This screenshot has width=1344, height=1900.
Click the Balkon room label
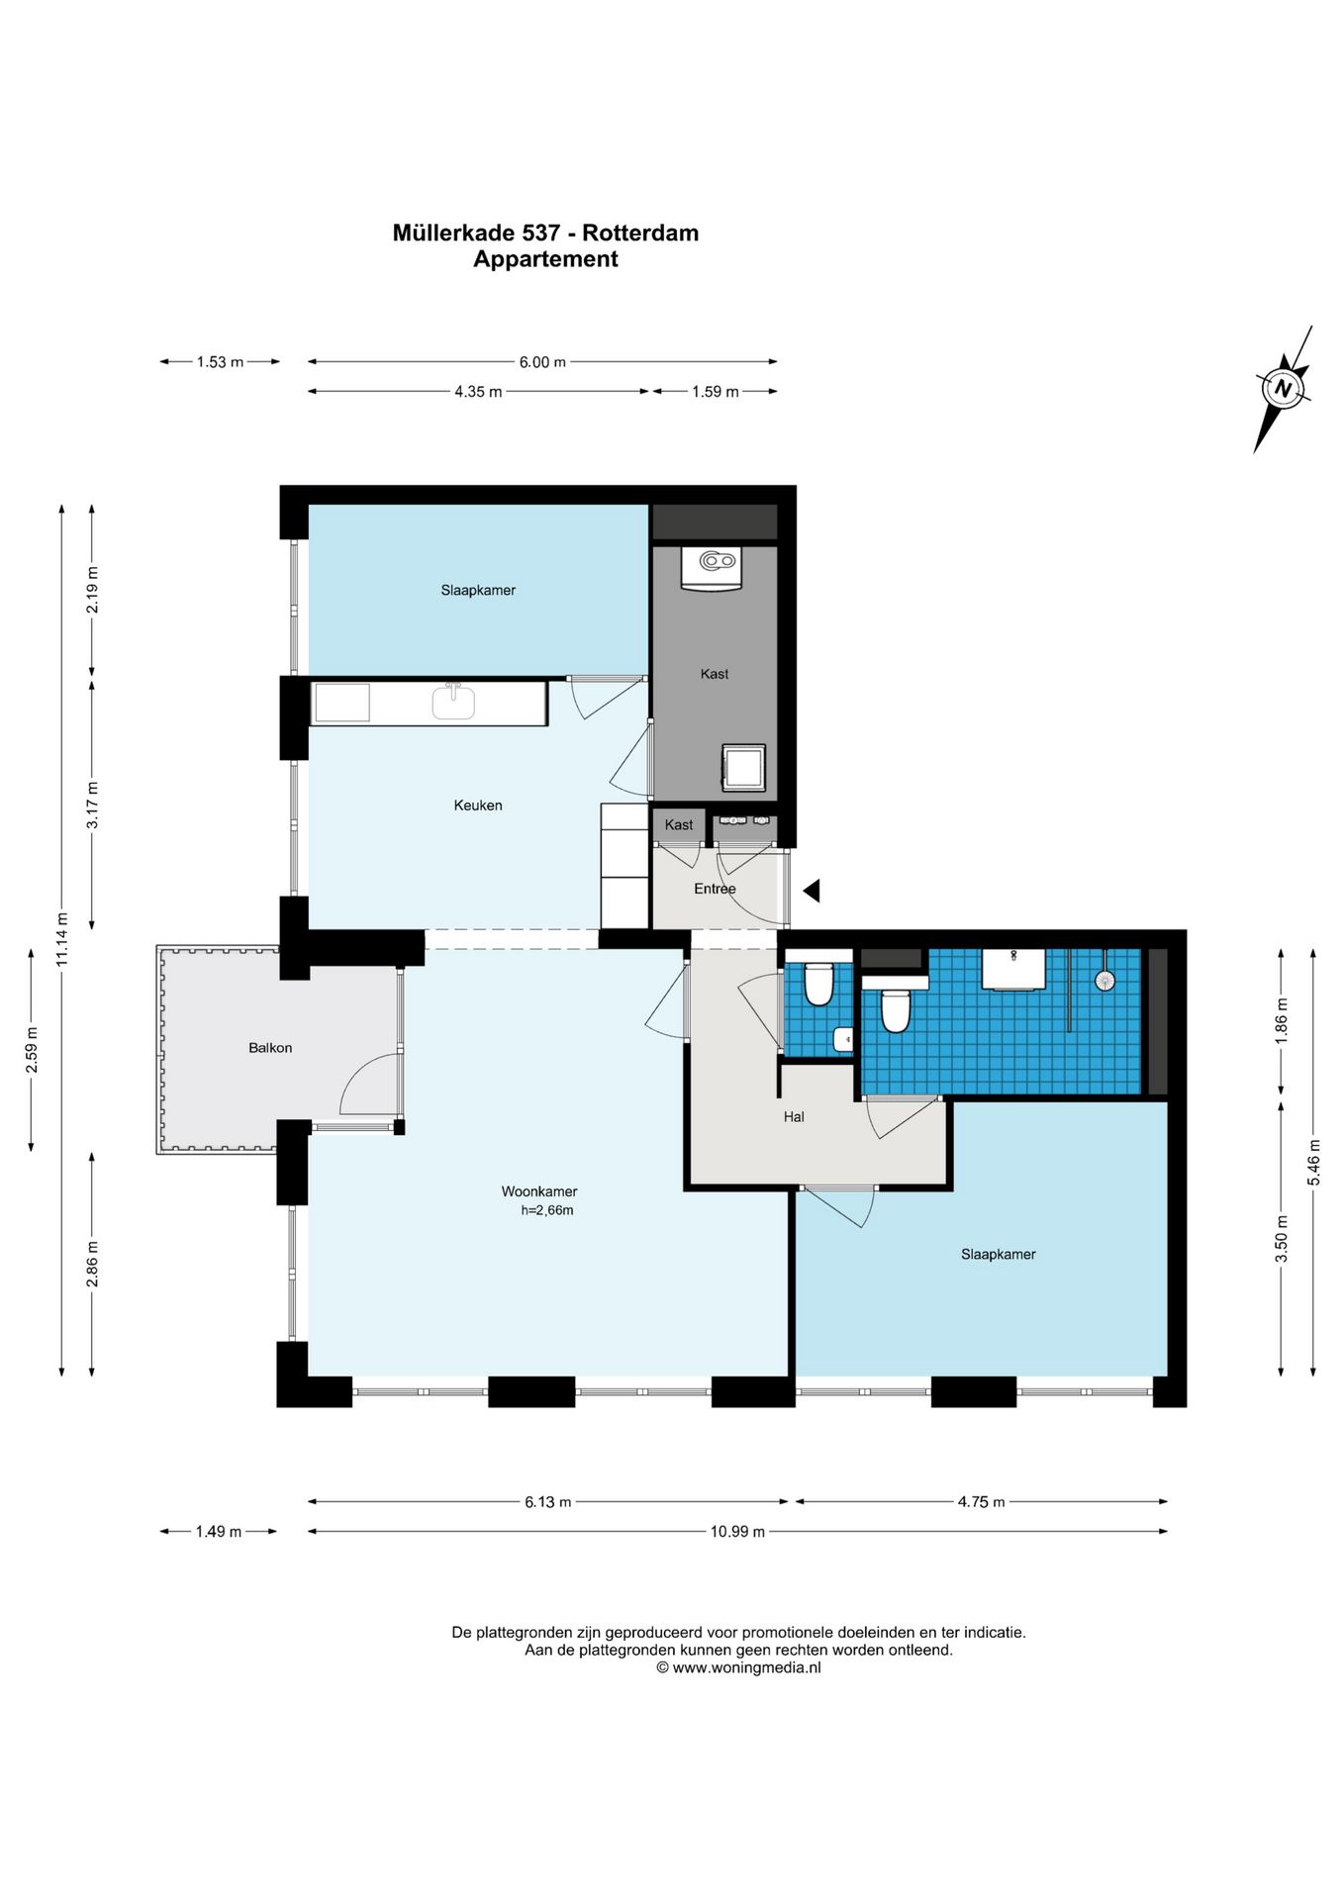pos(270,1047)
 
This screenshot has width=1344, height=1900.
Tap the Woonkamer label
pos(539,1191)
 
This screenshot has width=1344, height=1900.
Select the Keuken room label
pos(478,806)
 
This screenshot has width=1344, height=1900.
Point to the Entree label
pos(715,889)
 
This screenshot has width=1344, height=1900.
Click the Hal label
pos(794,1116)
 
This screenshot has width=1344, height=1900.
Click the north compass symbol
pos(1284,388)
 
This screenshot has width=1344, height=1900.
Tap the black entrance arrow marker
pos(812,891)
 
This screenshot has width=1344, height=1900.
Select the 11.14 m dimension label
pos(62,939)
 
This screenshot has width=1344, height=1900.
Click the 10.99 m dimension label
pos(737,1531)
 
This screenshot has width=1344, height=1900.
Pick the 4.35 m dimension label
pos(478,392)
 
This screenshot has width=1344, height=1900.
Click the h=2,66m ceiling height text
pos(547,1210)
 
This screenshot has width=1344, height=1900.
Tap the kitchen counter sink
pos(453,702)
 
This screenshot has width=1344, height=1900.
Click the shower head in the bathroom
pos(1104,980)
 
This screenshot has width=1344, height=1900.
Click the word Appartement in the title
pos(545,259)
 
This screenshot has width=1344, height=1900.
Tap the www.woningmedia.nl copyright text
pos(738,1667)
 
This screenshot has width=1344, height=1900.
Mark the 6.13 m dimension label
pos(547,1502)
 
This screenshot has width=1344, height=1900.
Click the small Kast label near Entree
pos(679,825)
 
